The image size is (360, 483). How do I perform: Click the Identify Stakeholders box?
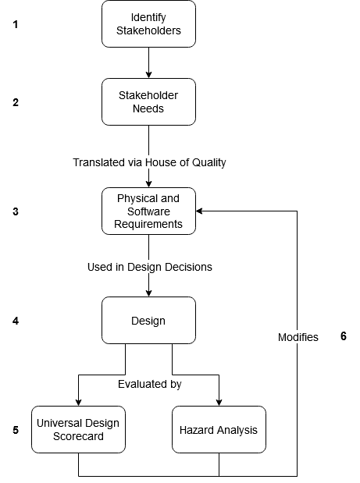[148, 23]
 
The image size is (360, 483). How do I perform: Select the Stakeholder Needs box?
[148, 101]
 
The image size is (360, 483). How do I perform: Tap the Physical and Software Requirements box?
[148, 211]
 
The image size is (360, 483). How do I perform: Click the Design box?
[148, 321]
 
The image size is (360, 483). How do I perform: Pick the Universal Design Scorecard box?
[78, 429]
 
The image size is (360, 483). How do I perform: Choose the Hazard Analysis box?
[219, 429]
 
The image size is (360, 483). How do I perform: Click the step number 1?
[16, 24]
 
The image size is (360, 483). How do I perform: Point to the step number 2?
[16, 102]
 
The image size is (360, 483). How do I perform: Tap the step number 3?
[16, 211]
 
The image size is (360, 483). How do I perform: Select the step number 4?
[16, 321]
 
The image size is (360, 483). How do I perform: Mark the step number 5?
[16, 430]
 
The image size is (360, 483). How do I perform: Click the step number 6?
[344, 336]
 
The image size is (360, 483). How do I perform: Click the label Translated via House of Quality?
[149, 162]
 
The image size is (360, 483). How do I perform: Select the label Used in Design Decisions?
[150, 267]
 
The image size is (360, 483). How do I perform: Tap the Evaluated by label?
[150, 384]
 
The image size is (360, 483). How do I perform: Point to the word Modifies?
[298, 337]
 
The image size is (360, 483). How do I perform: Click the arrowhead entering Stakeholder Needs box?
[148, 75]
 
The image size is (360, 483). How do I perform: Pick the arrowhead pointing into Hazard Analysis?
[219, 403]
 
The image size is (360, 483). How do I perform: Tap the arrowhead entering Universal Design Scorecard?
[78, 403]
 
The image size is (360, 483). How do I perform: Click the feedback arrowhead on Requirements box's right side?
[199, 211]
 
